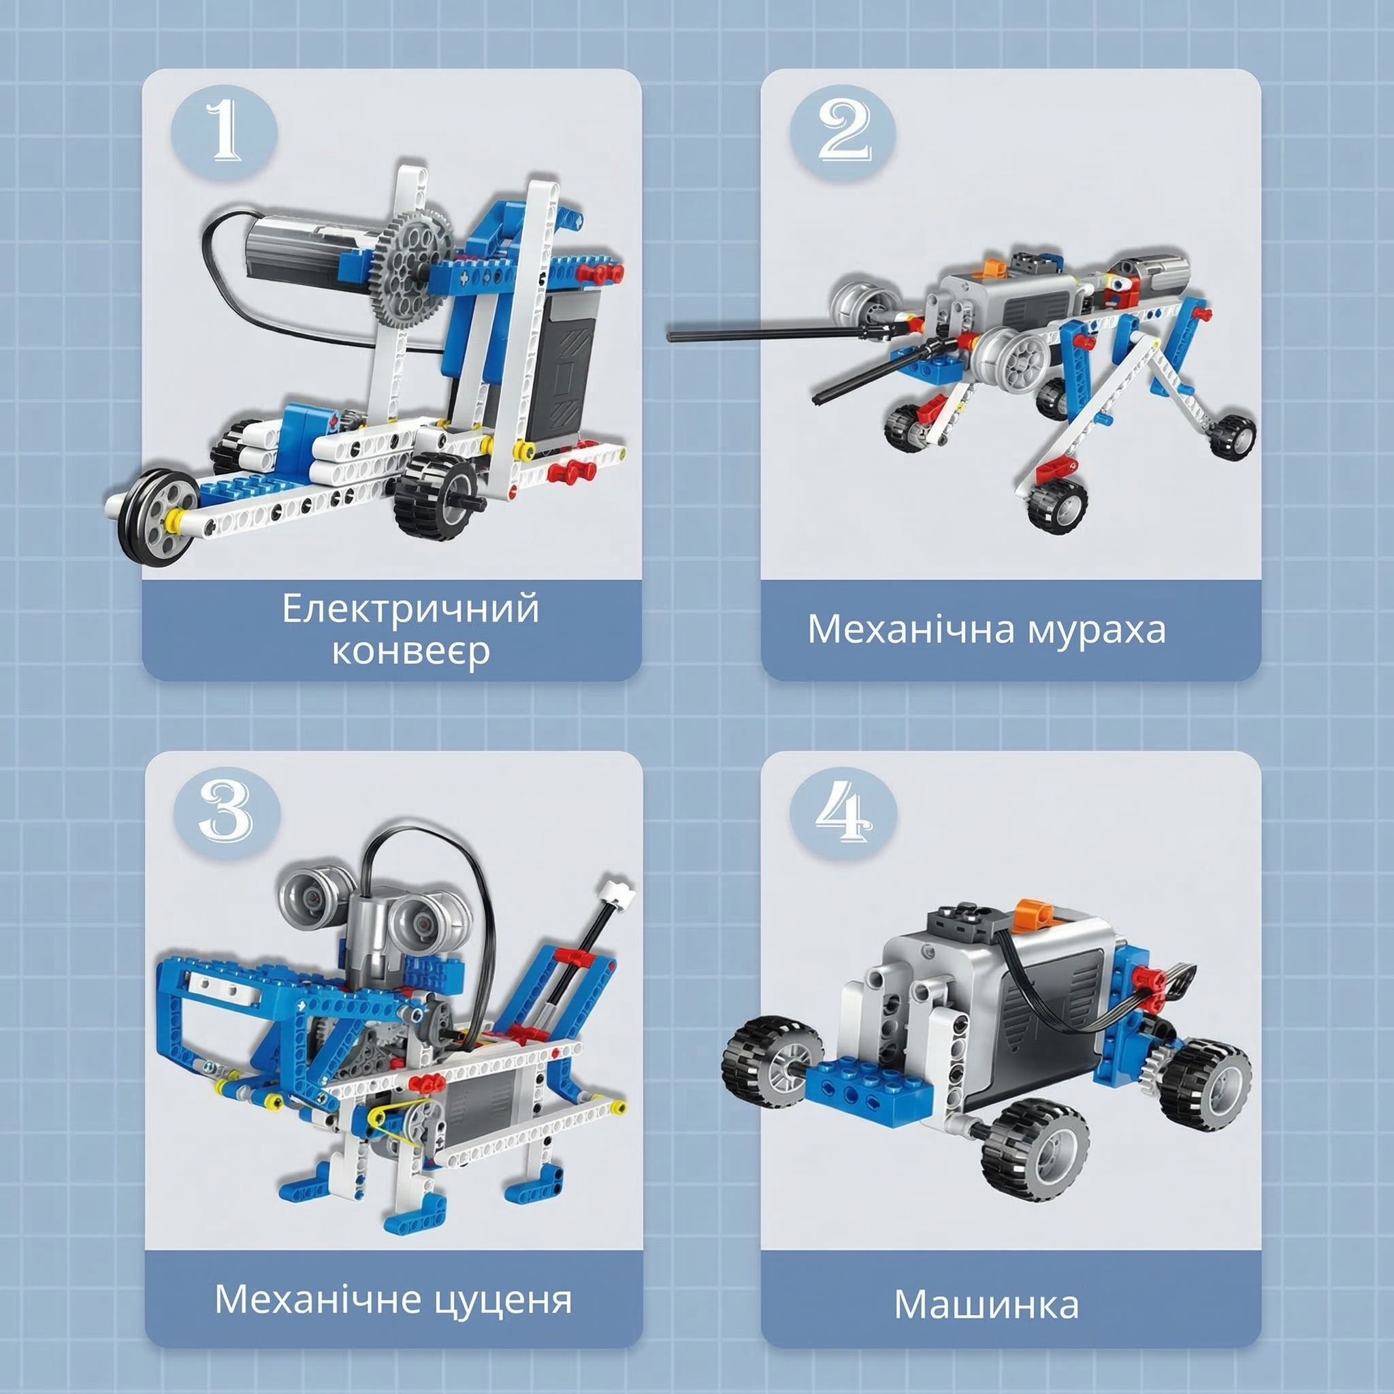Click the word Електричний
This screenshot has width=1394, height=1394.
410,609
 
